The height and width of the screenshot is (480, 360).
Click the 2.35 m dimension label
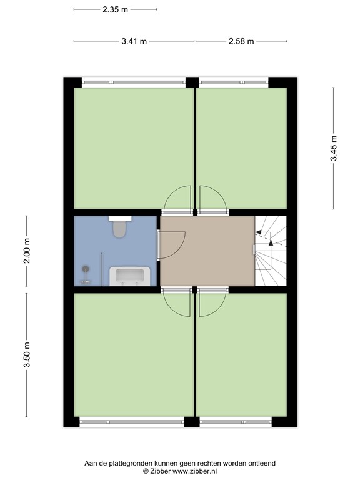(x=115, y=9)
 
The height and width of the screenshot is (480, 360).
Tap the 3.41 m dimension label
(x=134, y=41)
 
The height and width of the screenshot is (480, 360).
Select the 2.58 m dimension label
(x=241, y=41)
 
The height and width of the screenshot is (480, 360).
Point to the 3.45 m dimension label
(x=334, y=148)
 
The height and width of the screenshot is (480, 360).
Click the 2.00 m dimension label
(x=27, y=251)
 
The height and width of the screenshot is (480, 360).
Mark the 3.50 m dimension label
(x=27, y=355)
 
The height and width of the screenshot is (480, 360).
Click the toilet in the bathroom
(x=120, y=227)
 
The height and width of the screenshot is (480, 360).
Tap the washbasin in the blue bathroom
(x=130, y=276)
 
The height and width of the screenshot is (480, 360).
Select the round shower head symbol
(x=86, y=269)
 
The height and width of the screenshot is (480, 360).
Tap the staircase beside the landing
(x=271, y=251)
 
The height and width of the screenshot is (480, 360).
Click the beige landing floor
(x=207, y=251)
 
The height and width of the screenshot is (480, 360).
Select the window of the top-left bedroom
(x=134, y=82)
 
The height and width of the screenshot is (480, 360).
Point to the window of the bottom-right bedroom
(x=236, y=422)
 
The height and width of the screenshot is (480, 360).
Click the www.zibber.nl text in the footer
(x=194, y=472)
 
